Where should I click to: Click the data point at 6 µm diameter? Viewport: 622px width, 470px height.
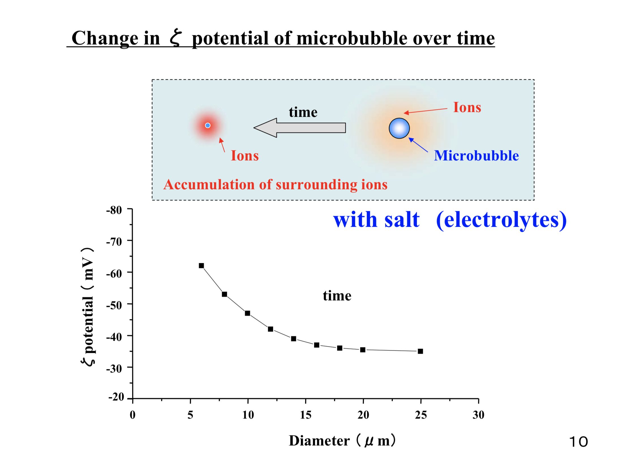pyautogui.click(x=201, y=266)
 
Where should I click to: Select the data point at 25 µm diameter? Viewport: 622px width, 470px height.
pyautogui.click(x=420, y=351)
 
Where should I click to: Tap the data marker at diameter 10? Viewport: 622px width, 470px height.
pyautogui.click(x=247, y=313)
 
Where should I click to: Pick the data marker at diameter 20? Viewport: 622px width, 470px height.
pyautogui.click(x=363, y=350)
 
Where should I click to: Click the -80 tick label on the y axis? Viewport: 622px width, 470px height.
pyautogui.click(x=114, y=210)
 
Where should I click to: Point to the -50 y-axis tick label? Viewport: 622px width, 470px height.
pyautogui.click(x=114, y=305)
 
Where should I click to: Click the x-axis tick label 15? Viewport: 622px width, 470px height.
pyautogui.click(x=305, y=415)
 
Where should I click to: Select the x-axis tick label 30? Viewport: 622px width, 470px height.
pyautogui.click(x=478, y=415)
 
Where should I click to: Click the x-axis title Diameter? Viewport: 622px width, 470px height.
pyautogui.click(x=319, y=441)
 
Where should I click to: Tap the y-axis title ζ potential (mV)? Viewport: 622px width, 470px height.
pyautogui.click(x=88, y=307)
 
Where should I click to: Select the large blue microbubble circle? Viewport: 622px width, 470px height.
pyautogui.click(x=399, y=128)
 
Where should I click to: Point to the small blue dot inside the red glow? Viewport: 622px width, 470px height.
pyautogui.click(x=208, y=125)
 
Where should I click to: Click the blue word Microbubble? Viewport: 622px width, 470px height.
pyautogui.click(x=476, y=156)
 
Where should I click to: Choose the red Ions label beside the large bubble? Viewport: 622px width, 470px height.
pyautogui.click(x=467, y=107)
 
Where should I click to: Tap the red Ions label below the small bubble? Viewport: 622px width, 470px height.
pyautogui.click(x=245, y=156)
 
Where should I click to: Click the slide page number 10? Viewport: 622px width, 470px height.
pyautogui.click(x=578, y=442)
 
